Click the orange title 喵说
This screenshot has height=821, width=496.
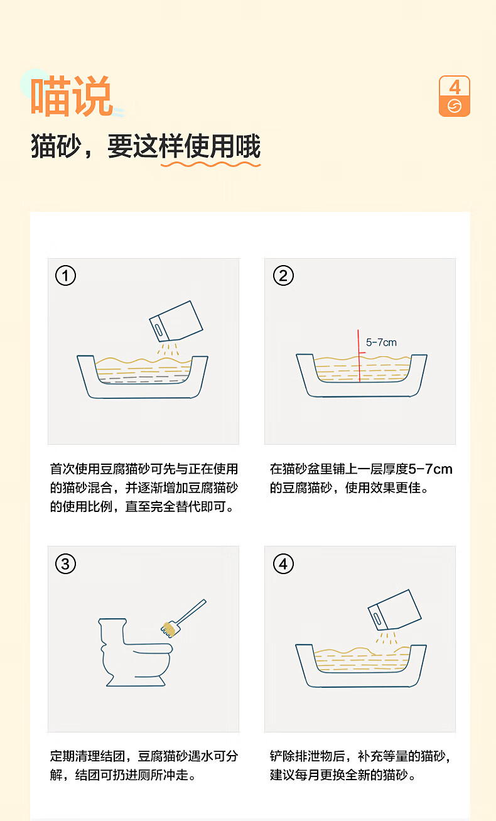coord(71,96)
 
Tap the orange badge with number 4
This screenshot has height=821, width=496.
coord(454,96)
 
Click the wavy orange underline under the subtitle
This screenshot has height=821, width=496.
coord(210,165)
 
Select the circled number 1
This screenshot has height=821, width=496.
coord(66,276)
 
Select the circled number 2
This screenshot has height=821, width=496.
coord(283,276)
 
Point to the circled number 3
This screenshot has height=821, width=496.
coord(66,563)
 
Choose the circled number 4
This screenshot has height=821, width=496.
coord(283,563)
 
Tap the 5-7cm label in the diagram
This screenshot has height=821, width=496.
coord(381,343)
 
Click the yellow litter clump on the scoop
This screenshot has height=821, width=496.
coord(168,628)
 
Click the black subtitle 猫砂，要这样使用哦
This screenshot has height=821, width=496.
coord(146,146)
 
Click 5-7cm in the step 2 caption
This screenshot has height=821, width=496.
coord(430,469)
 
